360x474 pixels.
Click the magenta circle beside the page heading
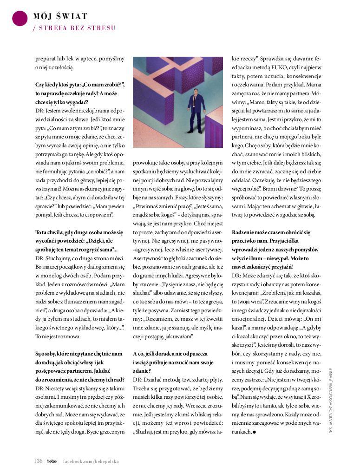20,18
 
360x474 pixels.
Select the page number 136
38,461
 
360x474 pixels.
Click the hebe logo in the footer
52,461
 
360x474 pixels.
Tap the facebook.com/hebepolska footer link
91,461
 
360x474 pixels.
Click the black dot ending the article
255,432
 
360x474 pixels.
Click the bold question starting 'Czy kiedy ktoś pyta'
80,85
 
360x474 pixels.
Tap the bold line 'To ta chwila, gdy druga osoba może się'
79,231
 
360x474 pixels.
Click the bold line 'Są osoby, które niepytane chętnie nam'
79,354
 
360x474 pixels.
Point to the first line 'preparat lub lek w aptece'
80,59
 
